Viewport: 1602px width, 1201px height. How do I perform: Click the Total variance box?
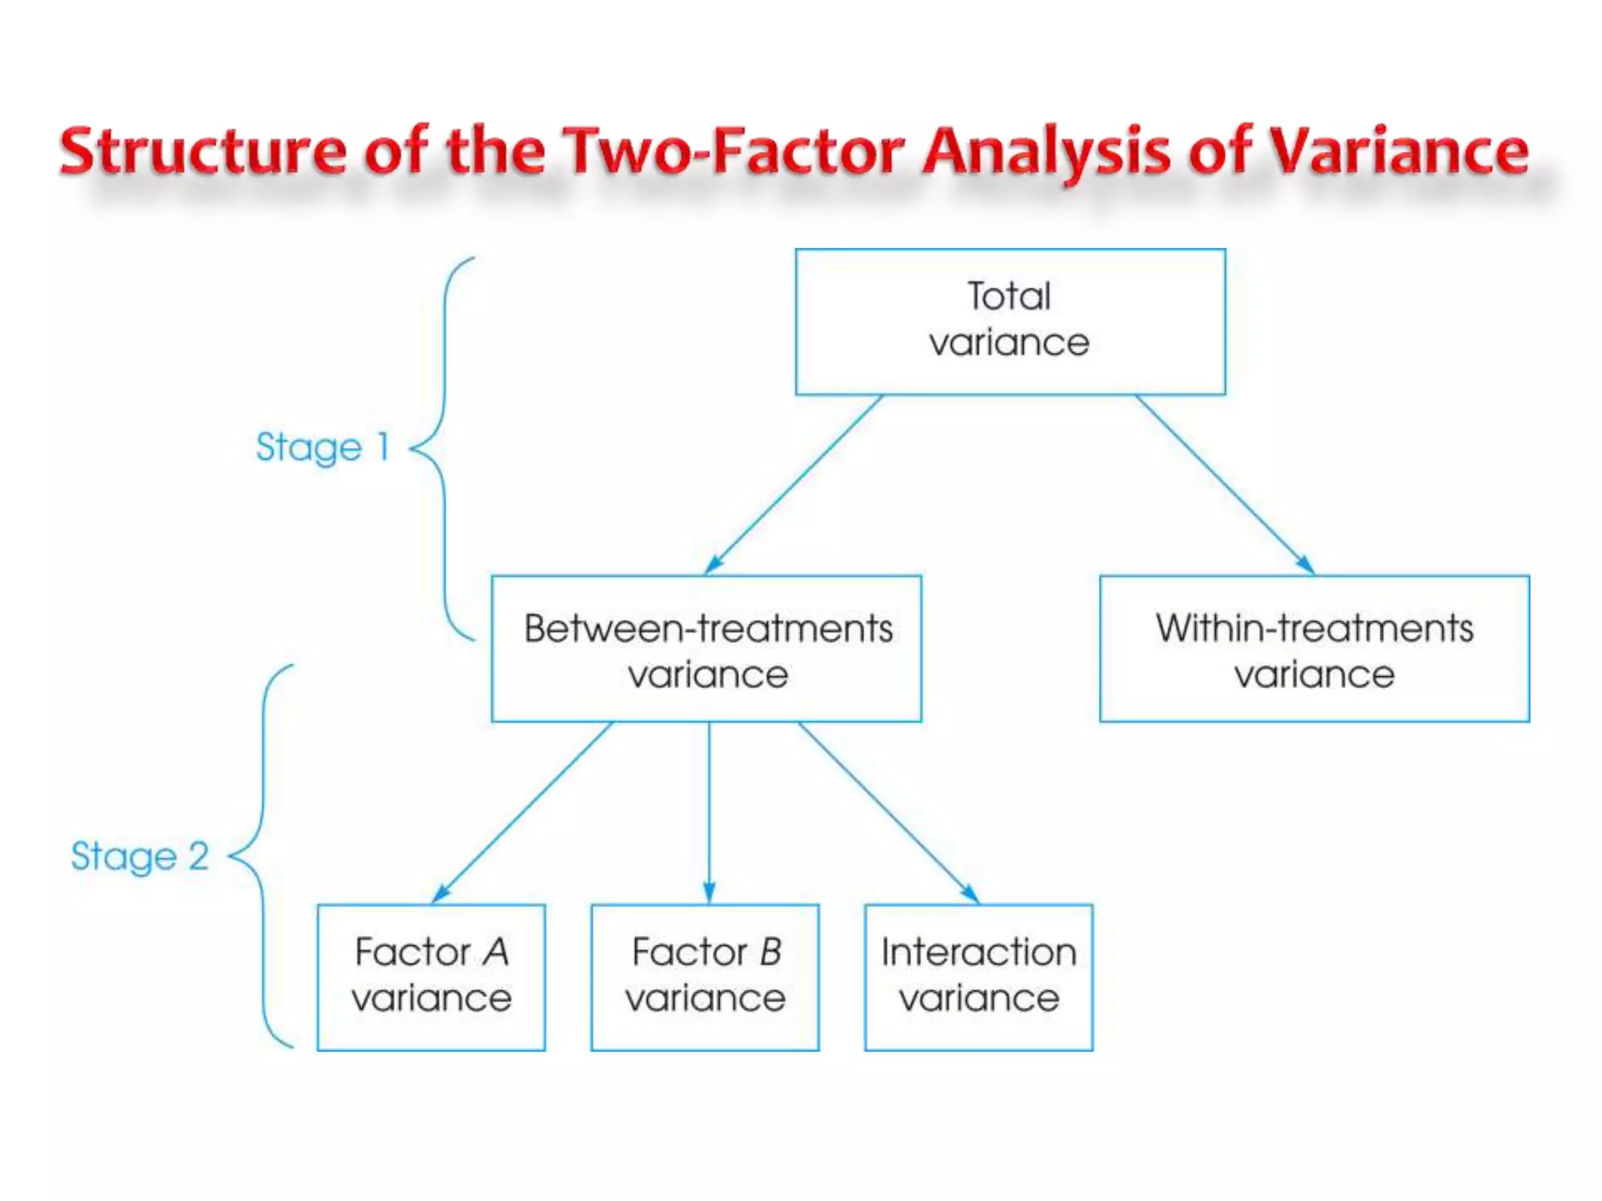[x=1010, y=321]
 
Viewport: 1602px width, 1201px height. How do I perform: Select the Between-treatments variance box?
[x=706, y=648]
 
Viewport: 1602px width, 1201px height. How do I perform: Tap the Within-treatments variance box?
[x=1314, y=648]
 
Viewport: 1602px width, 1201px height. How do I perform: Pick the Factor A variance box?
[x=431, y=977]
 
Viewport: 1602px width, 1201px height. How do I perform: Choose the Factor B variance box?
[x=705, y=977]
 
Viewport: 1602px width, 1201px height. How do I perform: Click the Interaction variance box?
[x=979, y=977]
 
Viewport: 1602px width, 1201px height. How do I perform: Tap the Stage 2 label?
[x=140, y=856]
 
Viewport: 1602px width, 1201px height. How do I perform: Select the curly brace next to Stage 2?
[x=262, y=856]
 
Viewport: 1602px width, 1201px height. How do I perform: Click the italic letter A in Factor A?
[x=496, y=952]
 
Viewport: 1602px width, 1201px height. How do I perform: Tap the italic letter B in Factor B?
[x=770, y=952]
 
